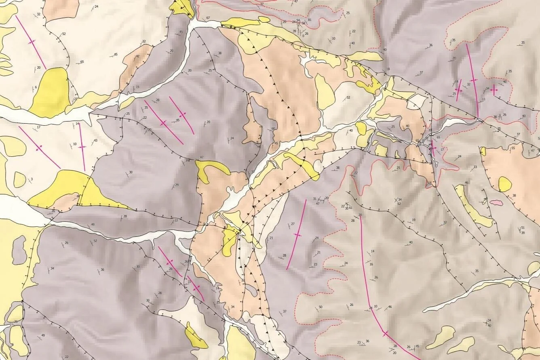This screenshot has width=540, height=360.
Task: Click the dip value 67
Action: (x=208, y=18)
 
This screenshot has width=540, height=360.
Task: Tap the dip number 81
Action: (x=310, y=20)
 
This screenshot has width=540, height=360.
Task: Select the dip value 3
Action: (x=32, y=179)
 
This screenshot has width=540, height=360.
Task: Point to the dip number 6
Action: (x=36, y=87)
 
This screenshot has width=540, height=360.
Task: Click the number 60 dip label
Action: (x=273, y=128)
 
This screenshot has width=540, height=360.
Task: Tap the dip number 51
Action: (x=523, y=227)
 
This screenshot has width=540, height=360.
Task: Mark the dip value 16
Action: (x=371, y=264)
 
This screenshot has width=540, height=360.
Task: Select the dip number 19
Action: (x=413, y=220)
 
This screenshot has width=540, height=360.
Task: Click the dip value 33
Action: (x=475, y=167)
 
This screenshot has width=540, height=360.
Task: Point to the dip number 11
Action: (x=484, y=99)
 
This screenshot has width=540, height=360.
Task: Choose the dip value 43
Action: (x=95, y=141)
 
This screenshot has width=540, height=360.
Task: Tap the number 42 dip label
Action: (x=137, y=56)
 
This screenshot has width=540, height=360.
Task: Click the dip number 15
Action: (x=137, y=87)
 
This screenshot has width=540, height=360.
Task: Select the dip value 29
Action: (x=177, y=185)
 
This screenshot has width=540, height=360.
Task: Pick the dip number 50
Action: (x=321, y=307)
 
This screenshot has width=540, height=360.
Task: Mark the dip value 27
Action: (x=293, y=224)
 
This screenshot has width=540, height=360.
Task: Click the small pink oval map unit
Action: (x=497, y=203)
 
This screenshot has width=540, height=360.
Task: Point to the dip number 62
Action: (x=399, y=204)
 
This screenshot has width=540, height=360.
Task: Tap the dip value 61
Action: (x=350, y=208)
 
